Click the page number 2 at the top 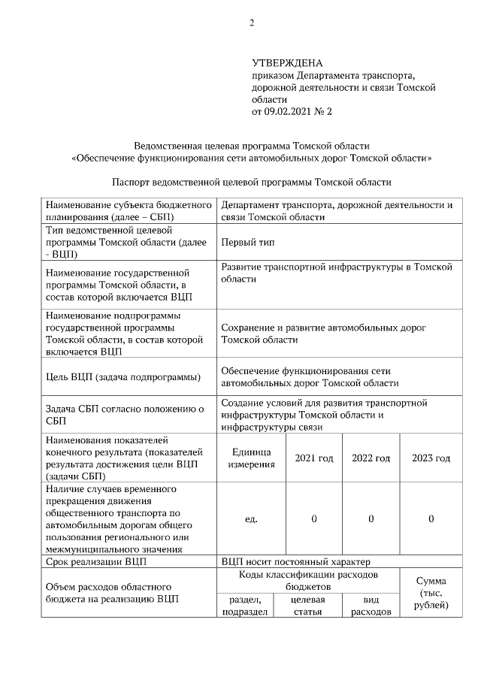click(252, 23)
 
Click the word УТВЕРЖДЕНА click(287, 64)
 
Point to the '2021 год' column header click(313, 458)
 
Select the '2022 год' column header click(371, 458)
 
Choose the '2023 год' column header click(431, 458)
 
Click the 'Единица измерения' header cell click(252, 458)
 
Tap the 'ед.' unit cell click(252, 519)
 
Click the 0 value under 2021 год click(313, 519)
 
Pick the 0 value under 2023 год click(431, 519)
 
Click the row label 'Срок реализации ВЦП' click(95, 561)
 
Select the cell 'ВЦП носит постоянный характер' click(296, 561)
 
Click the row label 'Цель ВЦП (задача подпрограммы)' click(123, 376)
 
